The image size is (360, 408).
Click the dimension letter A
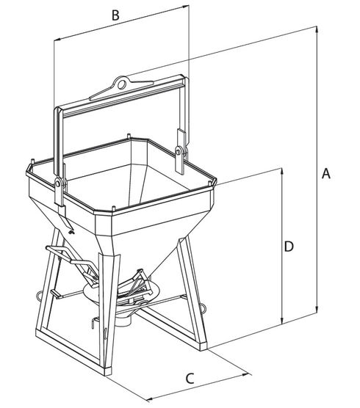(x=327, y=174)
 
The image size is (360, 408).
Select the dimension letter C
(x=189, y=379)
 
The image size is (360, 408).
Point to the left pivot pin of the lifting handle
(x=59, y=181)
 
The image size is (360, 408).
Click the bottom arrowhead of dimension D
(x=281, y=321)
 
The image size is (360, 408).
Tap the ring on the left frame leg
(x=39, y=296)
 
